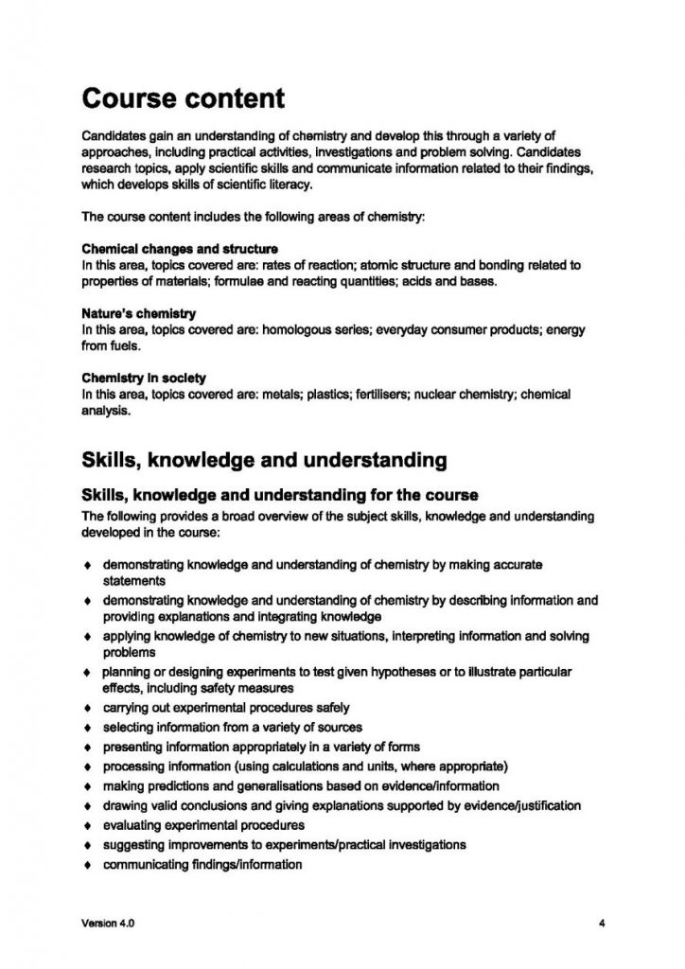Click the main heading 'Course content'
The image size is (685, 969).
click(x=183, y=97)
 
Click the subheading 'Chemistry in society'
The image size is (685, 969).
click(x=143, y=377)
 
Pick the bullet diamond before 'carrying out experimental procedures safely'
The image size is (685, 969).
click(x=88, y=708)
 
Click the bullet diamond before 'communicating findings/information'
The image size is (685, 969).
click(x=88, y=865)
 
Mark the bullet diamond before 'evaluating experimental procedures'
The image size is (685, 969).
click(x=88, y=825)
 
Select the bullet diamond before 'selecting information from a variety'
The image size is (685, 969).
click(x=88, y=727)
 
